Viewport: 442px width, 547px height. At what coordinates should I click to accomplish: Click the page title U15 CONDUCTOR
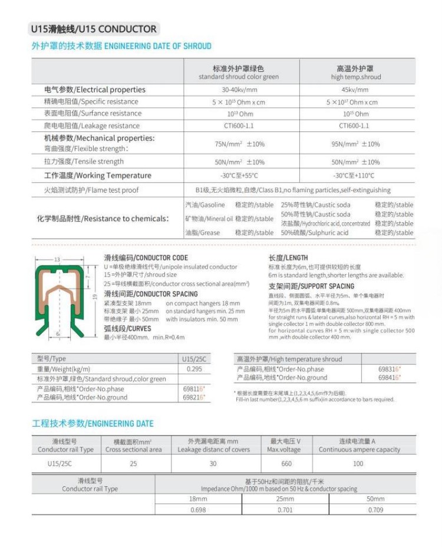coord(94,29)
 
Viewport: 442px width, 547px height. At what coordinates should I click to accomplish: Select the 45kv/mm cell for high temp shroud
coord(355,90)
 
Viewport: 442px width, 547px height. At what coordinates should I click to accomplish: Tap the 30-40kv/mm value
coord(239,90)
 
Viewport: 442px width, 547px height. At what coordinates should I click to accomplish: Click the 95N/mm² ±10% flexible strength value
coord(355,144)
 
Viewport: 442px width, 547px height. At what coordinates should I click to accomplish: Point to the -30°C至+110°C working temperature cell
coord(355,176)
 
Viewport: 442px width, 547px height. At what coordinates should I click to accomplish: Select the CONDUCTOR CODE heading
coord(146,258)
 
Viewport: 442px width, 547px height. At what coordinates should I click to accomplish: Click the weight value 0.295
coord(194,368)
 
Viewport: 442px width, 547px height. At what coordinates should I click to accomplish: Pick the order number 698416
coord(389,377)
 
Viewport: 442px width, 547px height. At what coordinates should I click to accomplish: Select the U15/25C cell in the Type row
coord(194,358)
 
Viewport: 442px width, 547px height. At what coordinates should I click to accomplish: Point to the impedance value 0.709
coord(375,510)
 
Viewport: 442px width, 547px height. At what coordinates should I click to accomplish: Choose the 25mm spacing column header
coord(285,499)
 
